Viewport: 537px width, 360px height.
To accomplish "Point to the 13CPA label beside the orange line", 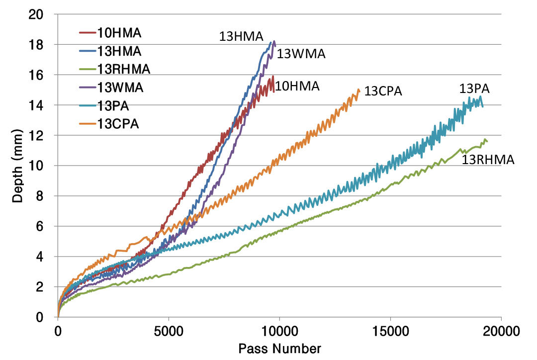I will tap(383, 91).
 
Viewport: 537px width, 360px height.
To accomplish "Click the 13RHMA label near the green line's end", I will tap(488, 160).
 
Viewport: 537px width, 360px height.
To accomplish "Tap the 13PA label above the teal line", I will tap(474, 89).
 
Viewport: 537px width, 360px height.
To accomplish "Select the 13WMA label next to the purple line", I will tap(301, 54).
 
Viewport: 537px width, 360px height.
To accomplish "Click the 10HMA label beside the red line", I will tap(297, 86).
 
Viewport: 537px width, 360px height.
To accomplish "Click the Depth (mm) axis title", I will tap(18, 166).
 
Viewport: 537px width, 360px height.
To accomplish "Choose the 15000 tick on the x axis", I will tap(390, 330).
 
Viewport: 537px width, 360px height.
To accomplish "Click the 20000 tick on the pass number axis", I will tap(500, 330).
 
